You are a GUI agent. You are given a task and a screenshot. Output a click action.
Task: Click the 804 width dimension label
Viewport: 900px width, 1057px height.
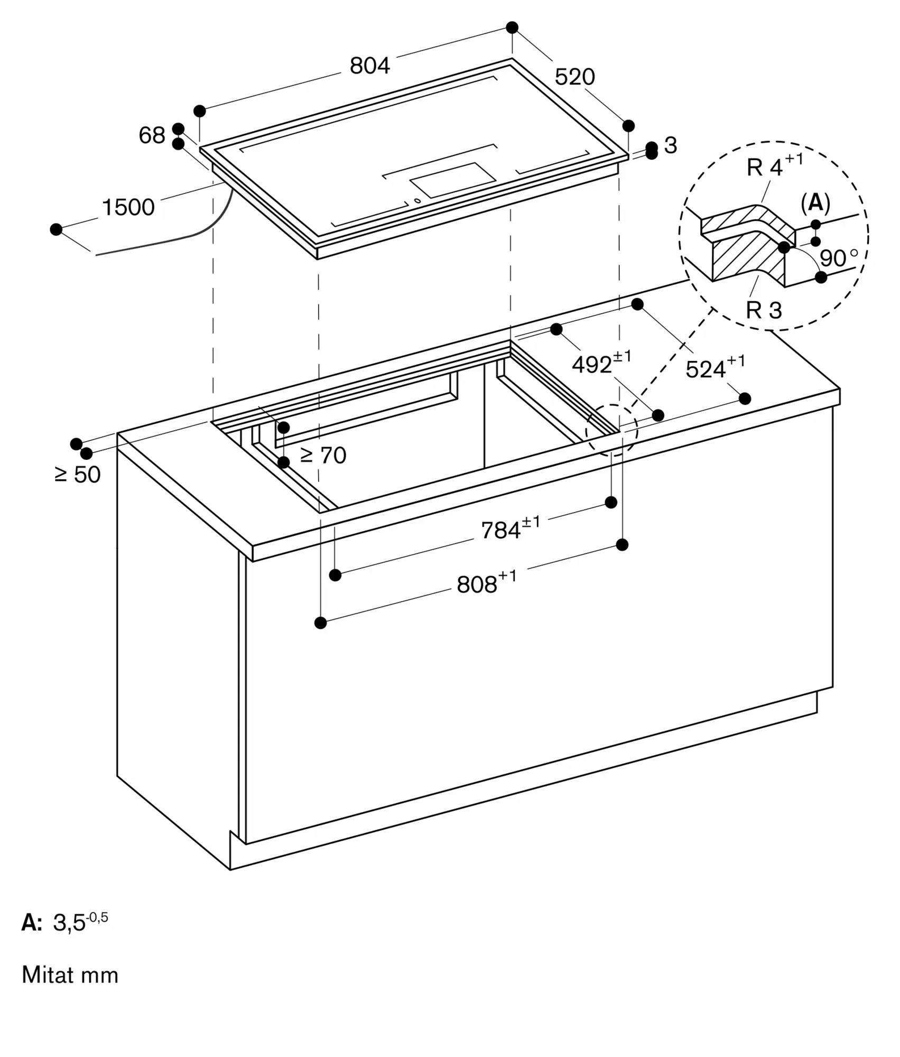pyautogui.click(x=370, y=66)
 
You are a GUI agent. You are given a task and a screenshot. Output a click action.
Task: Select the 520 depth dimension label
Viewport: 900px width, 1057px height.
pyautogui.click(x=574, y=77)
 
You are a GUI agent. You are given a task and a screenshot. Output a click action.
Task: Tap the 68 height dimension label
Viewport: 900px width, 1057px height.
pyautogui.click(x=152, y=135)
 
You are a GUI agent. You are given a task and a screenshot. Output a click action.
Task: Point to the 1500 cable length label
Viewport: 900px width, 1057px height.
pyautogui.click(x=128, y=207)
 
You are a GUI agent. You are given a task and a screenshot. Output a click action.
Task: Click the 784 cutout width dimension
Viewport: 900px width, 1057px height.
pyautogui.click(x=511, y=528)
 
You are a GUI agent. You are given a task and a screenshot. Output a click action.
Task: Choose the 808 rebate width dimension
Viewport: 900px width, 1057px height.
pyautogui.click(x=487, y=582)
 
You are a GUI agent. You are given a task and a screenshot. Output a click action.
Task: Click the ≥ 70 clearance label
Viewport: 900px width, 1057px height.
pyautogui.click(x=323, y=455)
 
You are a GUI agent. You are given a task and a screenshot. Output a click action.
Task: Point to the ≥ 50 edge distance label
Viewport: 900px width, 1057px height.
pyautogui.click(x=77, y=475)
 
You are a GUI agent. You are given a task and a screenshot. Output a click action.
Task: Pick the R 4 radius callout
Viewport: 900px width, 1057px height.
pyautogui.click(x=775, y=165)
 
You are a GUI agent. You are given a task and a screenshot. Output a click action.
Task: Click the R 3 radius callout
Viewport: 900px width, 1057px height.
pyautogui.click(x=764, y=310)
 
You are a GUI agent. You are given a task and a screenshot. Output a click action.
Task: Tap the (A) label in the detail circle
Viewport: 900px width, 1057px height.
pyautogui.click(x=815, y=203)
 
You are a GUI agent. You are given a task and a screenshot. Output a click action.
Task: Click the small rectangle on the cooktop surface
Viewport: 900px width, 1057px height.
pyautogui.click(x=453, y=180)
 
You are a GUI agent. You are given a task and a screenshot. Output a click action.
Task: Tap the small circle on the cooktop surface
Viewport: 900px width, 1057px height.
pyautogui.click(x=417, y=200)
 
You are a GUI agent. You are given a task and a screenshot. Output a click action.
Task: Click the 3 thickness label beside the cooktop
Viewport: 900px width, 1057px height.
pyautogui.click(x=670, y=145)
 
